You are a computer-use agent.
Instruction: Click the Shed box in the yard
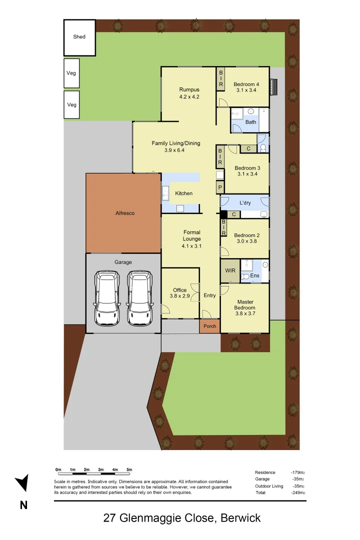pyautogui.click(x=79, y=37)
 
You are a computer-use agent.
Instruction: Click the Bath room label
pyautogui.click(x=250, y=122)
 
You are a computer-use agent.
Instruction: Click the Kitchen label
pyautogui.click(x=183, y=193)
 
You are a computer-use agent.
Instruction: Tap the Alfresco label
pyautogui.click(x=124, y=213)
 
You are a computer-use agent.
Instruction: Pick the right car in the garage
pyautogui.click(x=139, y=298)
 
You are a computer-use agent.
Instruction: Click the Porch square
pyautogui.click(x=210, y=326)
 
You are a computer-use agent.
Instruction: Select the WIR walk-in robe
pyautogui.click(x=230, y=270)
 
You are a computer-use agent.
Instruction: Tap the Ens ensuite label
pyautogui.click(x=254, y=275)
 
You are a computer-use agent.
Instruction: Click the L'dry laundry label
pyautogui.click(x=245, y=203)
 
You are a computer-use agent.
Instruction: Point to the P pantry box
pyautogui.click(x=219, y=188)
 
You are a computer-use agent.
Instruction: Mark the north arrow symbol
pyautogui.click(x=22, y=483)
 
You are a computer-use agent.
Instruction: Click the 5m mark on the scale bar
pyautogui.click(x=129, y=470)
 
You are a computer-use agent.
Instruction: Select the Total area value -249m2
pyautogui.click(x=298, y=493)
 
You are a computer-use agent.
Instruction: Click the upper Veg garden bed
pyautogui.click(x=71, y=73)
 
